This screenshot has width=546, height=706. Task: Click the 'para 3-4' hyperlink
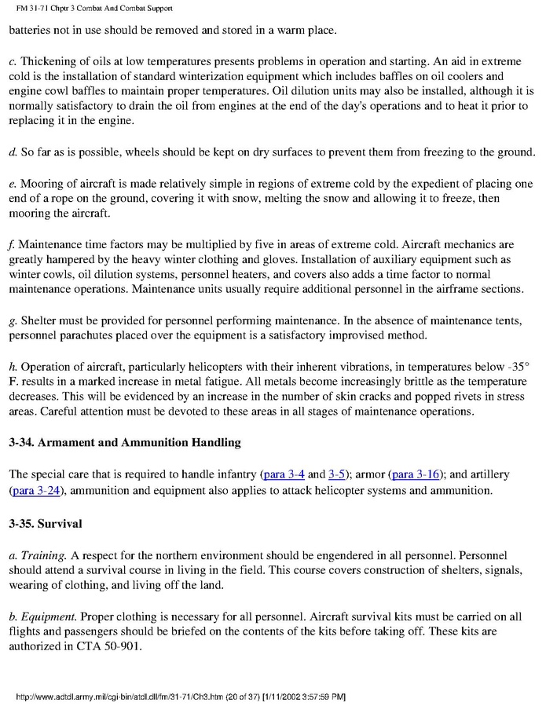click(x=282, y=474)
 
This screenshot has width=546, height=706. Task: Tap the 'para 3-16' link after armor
click(x=416, y=474)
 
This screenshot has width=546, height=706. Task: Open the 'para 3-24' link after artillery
click(x=37, y=491)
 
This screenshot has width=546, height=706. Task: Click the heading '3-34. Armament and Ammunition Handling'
click(x=125, y=443)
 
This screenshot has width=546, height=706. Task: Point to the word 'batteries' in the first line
click(x=32, y=31)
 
